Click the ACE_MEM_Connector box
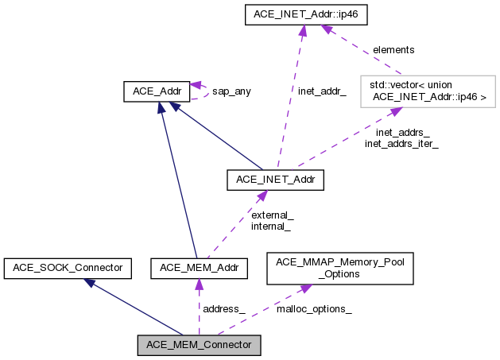(199, 345)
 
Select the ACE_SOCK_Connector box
(67, 268)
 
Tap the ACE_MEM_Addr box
(199, 268)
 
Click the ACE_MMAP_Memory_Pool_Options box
(339, 268)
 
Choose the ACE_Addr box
(157, 91)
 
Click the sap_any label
(231, 91)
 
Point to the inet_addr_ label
(322, 91)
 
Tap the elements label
(393, 49)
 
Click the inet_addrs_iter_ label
(401, 144)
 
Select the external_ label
(272, 215)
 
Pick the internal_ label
(271, 226)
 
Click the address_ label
(223, 308)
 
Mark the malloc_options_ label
(314, 308)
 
